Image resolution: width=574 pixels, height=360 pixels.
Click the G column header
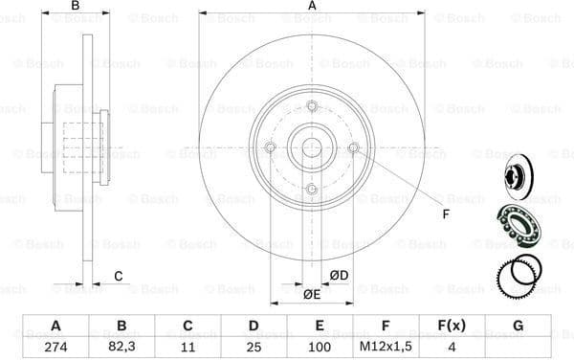(x=518, y=325)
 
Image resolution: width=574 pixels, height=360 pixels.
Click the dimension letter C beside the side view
(x=118, y=278)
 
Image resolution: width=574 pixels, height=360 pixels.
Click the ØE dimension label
(x=311, y=294)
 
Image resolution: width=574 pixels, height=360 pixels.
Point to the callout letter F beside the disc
(x=444, y=213)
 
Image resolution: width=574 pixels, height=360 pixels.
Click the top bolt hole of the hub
(x=312, y=106)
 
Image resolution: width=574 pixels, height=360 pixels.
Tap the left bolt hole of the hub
(x=270, y=147)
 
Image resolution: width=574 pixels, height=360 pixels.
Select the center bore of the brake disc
(x=312, y=147)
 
